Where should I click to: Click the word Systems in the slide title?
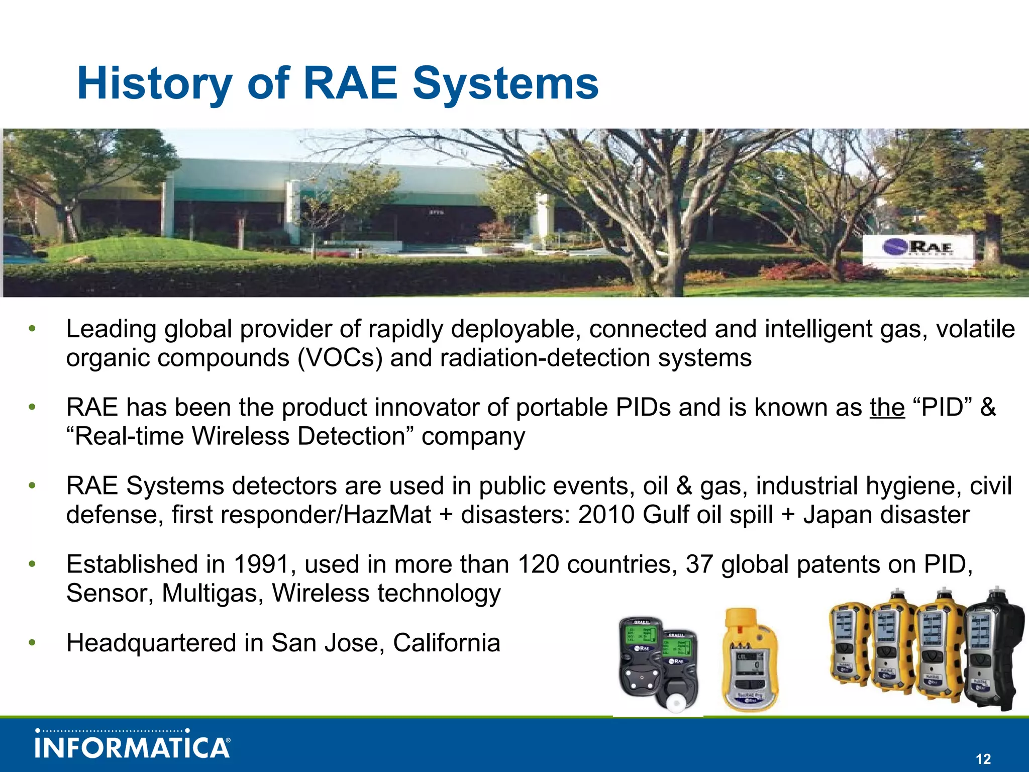[505, 84]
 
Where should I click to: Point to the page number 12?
[983, 759]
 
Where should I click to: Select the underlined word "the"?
[887, 408]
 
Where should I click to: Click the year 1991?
[261, 564]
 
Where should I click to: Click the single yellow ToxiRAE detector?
[750, 661]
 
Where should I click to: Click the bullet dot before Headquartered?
[32, 643]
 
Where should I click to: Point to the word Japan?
[835, 515]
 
